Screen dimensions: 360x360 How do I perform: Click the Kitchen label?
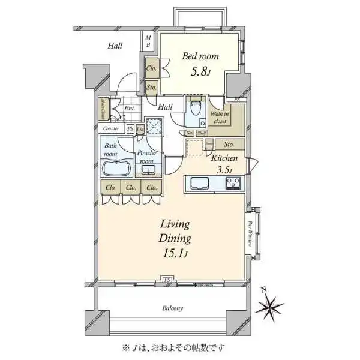[224, 158]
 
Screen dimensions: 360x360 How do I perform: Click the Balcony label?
[173, 308]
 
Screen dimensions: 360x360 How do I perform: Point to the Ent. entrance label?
[130, 109]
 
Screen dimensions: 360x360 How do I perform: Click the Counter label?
[112, 128]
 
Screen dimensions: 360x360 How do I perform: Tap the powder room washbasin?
[148, 170]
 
